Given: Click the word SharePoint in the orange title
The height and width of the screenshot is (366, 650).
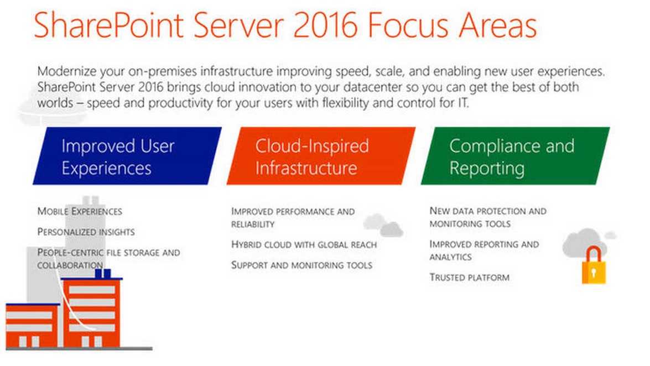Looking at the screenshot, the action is point(108,25).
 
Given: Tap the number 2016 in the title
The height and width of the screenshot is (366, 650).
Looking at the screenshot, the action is point(325,25).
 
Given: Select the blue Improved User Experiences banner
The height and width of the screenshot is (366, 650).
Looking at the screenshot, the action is point(127,156).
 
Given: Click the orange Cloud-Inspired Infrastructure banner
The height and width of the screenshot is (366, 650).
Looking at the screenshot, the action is point(321,156).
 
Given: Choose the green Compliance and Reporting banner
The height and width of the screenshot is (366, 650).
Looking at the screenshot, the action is point(515,156).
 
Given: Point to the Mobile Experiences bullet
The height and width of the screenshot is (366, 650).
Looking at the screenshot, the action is point(80,211).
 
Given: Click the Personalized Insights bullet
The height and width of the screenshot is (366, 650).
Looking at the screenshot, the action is point(86,232).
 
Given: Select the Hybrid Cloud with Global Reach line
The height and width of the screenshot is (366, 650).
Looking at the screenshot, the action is point(304,244).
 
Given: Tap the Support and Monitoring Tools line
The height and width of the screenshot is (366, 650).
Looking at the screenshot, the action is point(302,265).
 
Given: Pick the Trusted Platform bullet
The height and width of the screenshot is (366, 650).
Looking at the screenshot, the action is point(469,278).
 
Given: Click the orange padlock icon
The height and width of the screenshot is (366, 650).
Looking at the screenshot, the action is point(594,265).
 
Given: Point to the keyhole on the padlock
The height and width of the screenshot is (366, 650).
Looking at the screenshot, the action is point(594,273).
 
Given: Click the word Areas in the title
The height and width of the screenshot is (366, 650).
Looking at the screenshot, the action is point(497,25).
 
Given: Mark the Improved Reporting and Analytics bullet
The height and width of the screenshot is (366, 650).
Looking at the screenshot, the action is point(484,250).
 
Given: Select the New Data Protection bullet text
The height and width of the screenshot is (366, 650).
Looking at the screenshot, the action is point(488,217).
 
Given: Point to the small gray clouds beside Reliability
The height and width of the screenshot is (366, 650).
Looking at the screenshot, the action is point(383,225).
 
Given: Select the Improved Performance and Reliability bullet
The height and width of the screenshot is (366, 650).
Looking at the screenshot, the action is point(293,218).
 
